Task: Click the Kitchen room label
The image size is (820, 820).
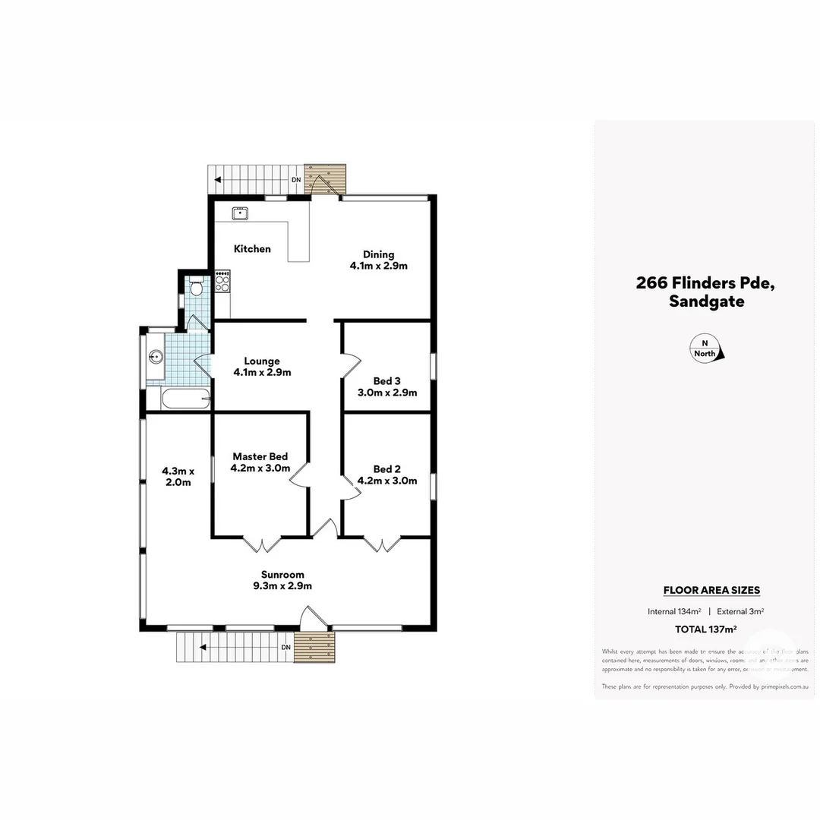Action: (252, 249)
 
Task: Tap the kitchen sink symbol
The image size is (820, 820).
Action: (241, 213)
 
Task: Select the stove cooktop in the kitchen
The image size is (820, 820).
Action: (222, 283)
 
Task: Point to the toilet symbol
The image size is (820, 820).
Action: (196, 287)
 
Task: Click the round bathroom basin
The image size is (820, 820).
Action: (157, 357)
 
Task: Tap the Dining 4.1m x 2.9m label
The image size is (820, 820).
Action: (378, 260)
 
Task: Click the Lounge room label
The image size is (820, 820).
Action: (261, 367)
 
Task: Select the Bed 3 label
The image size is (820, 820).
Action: (387, 387)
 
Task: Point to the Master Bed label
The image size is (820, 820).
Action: (260, 462)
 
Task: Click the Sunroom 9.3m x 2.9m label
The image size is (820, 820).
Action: (282, 580)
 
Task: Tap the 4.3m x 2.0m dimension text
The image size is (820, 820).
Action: (178, 476)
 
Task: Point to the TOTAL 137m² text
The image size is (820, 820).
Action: (705, 629)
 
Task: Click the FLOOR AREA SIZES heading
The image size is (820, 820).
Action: (711, 590)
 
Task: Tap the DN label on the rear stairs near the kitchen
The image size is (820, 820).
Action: (296, 180)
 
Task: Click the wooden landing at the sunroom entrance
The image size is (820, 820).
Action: (314, 647)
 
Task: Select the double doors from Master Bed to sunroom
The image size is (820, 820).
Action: (262, 544)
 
